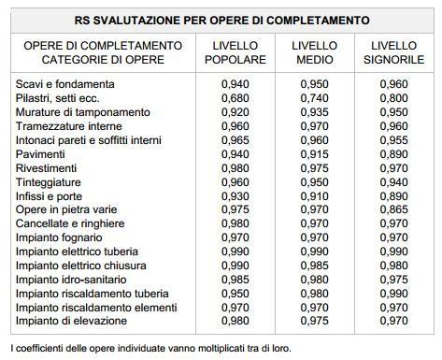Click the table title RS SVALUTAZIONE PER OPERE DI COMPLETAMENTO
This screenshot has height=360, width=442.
click(x=221, y=20)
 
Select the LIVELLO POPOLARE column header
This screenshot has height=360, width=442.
click(x=234, y=52)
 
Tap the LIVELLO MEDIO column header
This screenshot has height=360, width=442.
click(x=314, y=52)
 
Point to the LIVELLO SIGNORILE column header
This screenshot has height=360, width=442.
click(x=392, y=52)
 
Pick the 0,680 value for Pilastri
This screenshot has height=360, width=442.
click(x=235, y=98)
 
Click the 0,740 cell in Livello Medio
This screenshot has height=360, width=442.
click(x=314, y=98)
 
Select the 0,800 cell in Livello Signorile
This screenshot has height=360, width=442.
click(x=393, y=98)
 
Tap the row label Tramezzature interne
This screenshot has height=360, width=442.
click(x=68, y=126)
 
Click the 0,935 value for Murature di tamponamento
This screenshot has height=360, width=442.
click(x=314, y=112)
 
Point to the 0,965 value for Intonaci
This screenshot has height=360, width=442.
click(x=235, y=140)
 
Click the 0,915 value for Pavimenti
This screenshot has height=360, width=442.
click(x=314, y=154)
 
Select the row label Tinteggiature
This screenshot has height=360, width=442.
click(x=49, y=181)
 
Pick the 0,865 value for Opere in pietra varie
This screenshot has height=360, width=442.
click(x=393, y=209)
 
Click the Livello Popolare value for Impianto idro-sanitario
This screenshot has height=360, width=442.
click(x=235, y=279)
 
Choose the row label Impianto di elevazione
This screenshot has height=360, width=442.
click(x=71, y=321)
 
